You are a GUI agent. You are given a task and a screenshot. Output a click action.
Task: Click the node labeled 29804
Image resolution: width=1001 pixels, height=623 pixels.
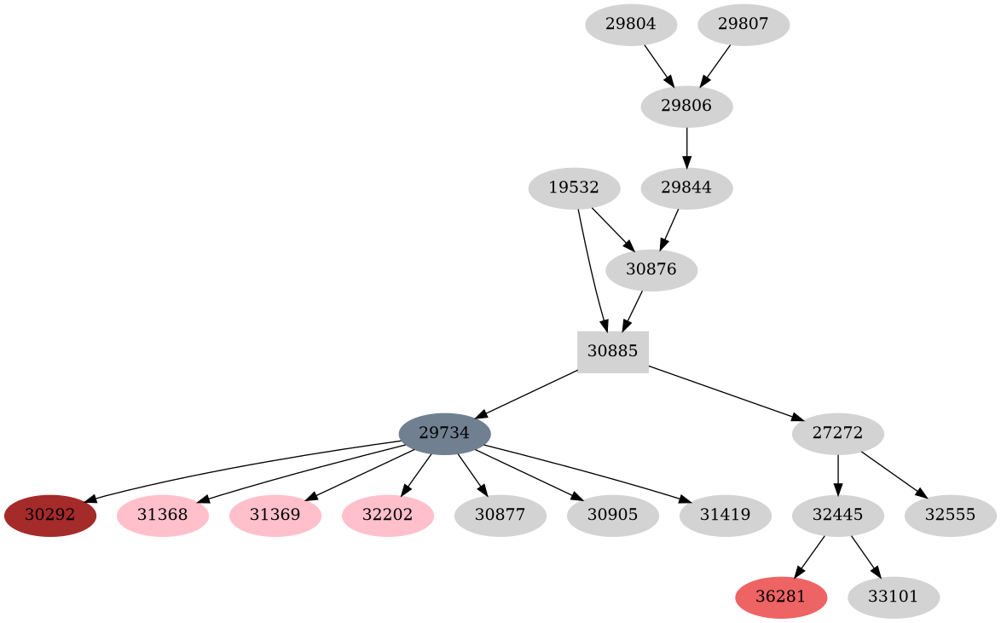(x=631, y=25)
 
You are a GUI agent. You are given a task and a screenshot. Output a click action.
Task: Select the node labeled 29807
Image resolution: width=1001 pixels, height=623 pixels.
(x=744, y=25)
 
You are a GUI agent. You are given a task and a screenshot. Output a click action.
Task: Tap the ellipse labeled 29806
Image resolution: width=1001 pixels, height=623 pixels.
(x=686, y=107)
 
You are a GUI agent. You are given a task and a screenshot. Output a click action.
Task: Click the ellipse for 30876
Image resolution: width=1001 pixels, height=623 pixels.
(x=651, y=270)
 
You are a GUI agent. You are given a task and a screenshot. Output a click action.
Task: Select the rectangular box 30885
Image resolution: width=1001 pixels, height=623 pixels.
(x=613, y=352)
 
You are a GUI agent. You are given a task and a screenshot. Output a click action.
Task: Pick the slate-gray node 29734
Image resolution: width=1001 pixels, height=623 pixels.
(x=444, y=434)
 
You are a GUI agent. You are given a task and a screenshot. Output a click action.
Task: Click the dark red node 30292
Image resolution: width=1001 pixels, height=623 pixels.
(x=50, y=516)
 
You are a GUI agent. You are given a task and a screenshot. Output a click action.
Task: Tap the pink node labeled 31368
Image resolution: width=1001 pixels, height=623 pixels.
(x=163, y=516)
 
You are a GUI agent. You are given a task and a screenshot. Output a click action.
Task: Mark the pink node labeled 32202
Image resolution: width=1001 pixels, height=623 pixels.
(x=388, y=516)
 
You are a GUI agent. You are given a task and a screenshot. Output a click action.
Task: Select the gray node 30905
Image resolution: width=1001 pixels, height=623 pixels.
(x=612, y=516)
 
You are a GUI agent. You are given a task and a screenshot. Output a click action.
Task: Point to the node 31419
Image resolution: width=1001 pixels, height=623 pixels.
(x=725, y=516)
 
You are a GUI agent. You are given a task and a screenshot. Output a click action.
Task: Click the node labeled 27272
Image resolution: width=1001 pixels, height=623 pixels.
(x=837, y=434)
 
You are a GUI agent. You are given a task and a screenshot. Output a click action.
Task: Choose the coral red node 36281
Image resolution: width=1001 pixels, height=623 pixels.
(x=781, y=597)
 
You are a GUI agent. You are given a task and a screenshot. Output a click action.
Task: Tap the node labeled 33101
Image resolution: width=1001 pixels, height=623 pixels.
(x=894, y=597)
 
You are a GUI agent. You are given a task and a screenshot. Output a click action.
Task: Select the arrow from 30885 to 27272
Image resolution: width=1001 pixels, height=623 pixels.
(x=725, y=393)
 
